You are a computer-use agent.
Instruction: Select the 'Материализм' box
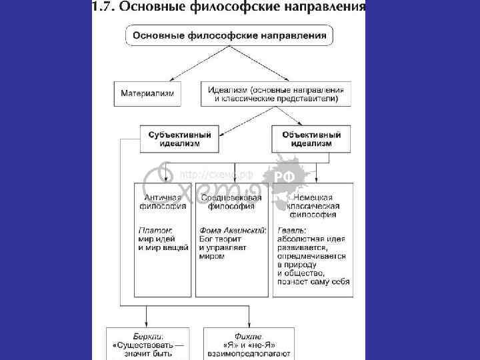(x=147, y=93)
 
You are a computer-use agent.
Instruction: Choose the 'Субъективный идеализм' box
(x=179, y=139)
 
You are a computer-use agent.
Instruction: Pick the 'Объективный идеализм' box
(x=311, y=139)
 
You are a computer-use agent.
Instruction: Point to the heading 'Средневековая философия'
(x=231, y=202)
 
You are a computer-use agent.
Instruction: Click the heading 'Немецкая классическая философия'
(x=311, y=206)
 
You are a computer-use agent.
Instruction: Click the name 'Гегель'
(x=291, y=230)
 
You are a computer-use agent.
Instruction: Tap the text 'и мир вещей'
(x=163, y=247)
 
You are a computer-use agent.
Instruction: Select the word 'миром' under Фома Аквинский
(x=212, y=256)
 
